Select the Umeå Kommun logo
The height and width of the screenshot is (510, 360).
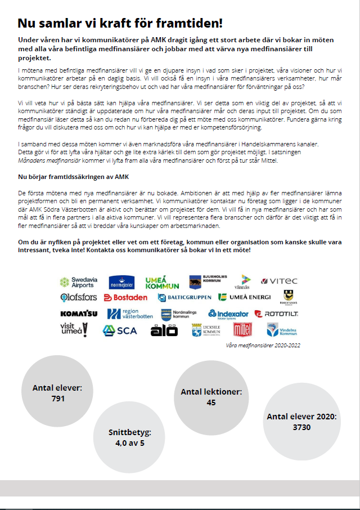(x=162, y=281)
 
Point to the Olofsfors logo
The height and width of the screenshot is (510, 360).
(x=79, y=297)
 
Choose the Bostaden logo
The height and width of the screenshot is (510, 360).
(x=125, y=297)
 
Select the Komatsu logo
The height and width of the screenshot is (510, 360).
(x=79, y=314)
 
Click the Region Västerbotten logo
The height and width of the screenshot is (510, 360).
(x=129, y=314)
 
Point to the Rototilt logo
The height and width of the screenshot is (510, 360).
(x=276, y=314)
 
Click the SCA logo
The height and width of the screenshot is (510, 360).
(x=119, y=330)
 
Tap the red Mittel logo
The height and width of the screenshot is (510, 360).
(x=242, y=330)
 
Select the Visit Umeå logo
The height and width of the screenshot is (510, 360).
(x=74, y=330)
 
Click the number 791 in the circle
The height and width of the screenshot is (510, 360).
(x=57, y=399)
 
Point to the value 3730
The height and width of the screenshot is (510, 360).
(x=301, y=427)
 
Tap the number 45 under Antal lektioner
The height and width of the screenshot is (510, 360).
(x=211, y=402)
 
